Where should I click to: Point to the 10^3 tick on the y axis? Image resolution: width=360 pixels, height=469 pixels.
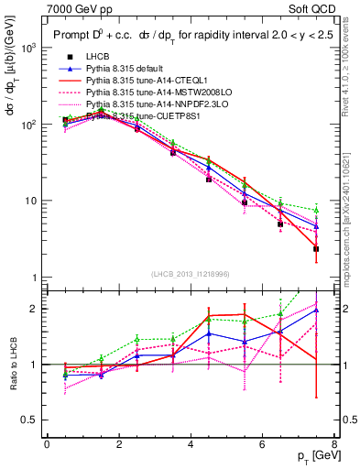pos(32,47)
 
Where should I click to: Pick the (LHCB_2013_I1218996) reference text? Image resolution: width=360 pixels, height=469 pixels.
pos(190,275)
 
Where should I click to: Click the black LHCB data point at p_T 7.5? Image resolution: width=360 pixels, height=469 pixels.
pos(316,248)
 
